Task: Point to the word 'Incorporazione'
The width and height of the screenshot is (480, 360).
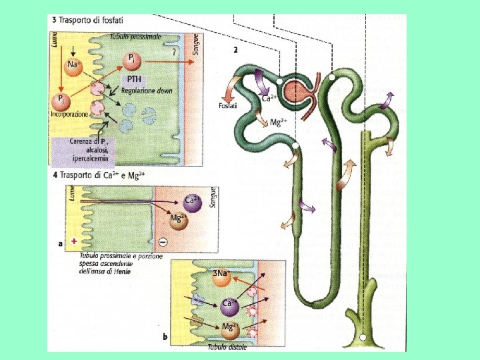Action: tap(69, 114)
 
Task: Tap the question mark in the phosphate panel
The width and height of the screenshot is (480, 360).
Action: tap(174, 51)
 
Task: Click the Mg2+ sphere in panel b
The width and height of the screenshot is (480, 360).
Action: tap(230, 329)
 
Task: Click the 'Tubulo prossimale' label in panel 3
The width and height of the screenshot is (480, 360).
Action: tap(136, 37)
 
